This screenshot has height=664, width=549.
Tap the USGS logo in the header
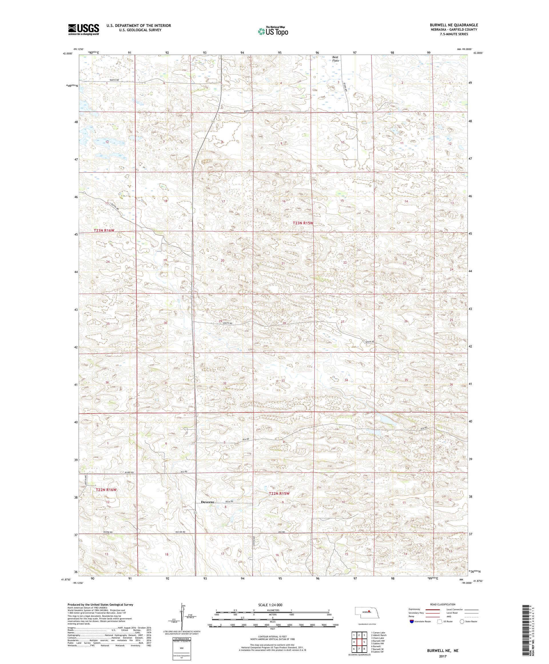click(83, 29)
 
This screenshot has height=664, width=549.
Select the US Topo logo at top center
click(273, 31)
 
